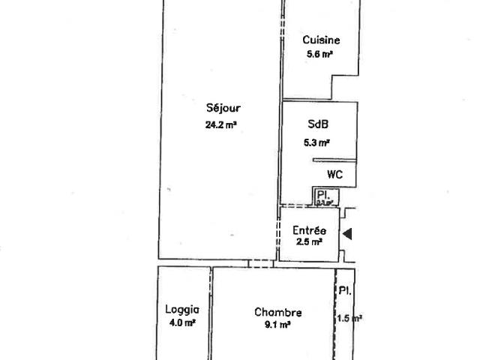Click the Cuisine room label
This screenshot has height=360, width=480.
click(322, 40)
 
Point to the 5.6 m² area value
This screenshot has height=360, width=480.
click(319, 54)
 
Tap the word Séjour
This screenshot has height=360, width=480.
click(223, 108)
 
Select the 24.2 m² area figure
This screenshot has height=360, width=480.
click(220, 125)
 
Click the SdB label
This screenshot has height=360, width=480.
click(318, 125)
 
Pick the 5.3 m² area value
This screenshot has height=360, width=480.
click(317, 142)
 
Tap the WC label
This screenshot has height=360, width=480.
click(334, 174)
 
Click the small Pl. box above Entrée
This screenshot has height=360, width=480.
click(325, 196)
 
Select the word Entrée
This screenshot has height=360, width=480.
click(309, 231)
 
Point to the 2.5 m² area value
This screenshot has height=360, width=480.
click(308, 242)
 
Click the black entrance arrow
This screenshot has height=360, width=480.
click(347, 235)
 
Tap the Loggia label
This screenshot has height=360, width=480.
click(181, 309)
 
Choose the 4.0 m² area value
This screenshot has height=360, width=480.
click(181, 322)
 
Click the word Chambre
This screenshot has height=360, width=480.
click(278, 313)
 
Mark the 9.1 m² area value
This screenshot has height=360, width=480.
click(278, 325)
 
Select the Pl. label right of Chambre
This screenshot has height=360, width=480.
click(344, 291)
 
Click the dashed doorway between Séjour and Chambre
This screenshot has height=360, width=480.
click(259, 263)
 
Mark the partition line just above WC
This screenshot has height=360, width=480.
click(334, 160)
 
